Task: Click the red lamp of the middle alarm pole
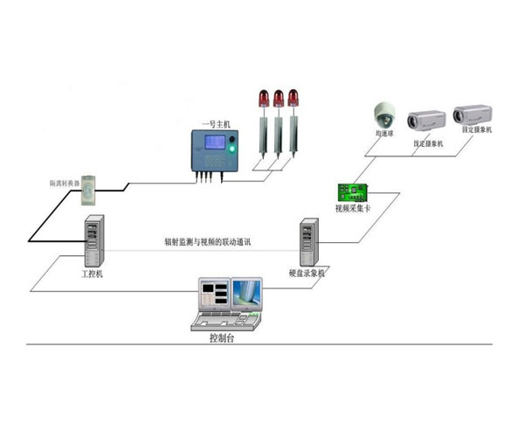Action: [279, 96]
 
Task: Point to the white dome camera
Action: [382, 114]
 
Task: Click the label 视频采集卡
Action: [353, 210]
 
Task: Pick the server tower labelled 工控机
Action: [93, 242]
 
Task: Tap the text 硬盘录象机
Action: [308, 274]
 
